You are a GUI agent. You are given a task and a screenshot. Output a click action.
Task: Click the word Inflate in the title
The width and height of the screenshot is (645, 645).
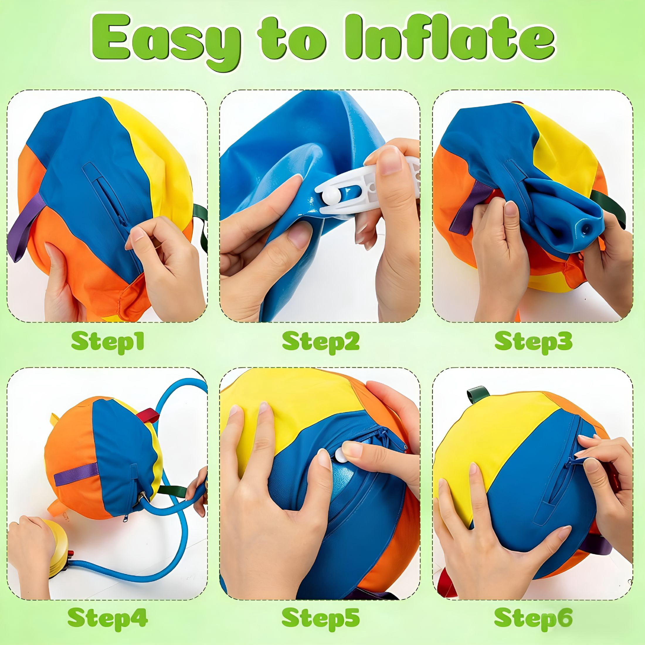pos(450,39)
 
